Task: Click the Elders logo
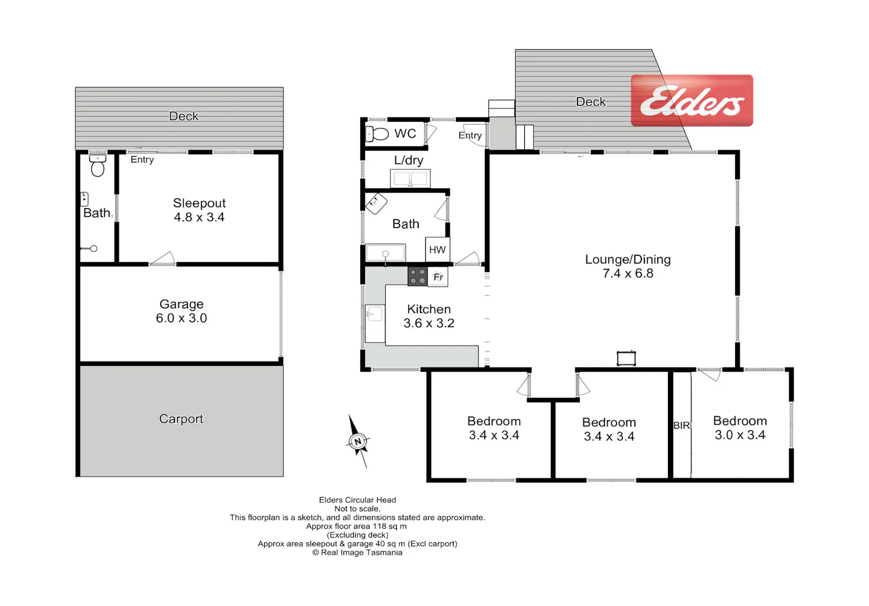pos(692,100)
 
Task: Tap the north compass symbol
pos(357,441)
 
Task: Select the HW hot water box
pos(437,249)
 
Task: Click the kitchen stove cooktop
pos(418,277)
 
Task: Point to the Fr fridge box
pos(438,277)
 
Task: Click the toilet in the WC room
pos(377,134)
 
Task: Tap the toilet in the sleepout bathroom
pos(98,166)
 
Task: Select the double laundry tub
pos(410,179)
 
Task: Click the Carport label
pos(181,419)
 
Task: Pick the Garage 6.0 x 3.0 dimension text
pos(181,318)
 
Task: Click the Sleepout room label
pos(199,203)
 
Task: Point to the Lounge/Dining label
pos(627,259)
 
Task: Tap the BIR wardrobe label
pos(682,426)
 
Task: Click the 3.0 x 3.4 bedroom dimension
pos(740,435)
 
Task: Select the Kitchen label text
pos(429,309)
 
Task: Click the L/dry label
pos(408,160)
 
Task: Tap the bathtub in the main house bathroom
pos(386,253)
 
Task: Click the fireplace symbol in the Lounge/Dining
pos(626,358)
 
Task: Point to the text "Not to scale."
pos(357,509)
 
